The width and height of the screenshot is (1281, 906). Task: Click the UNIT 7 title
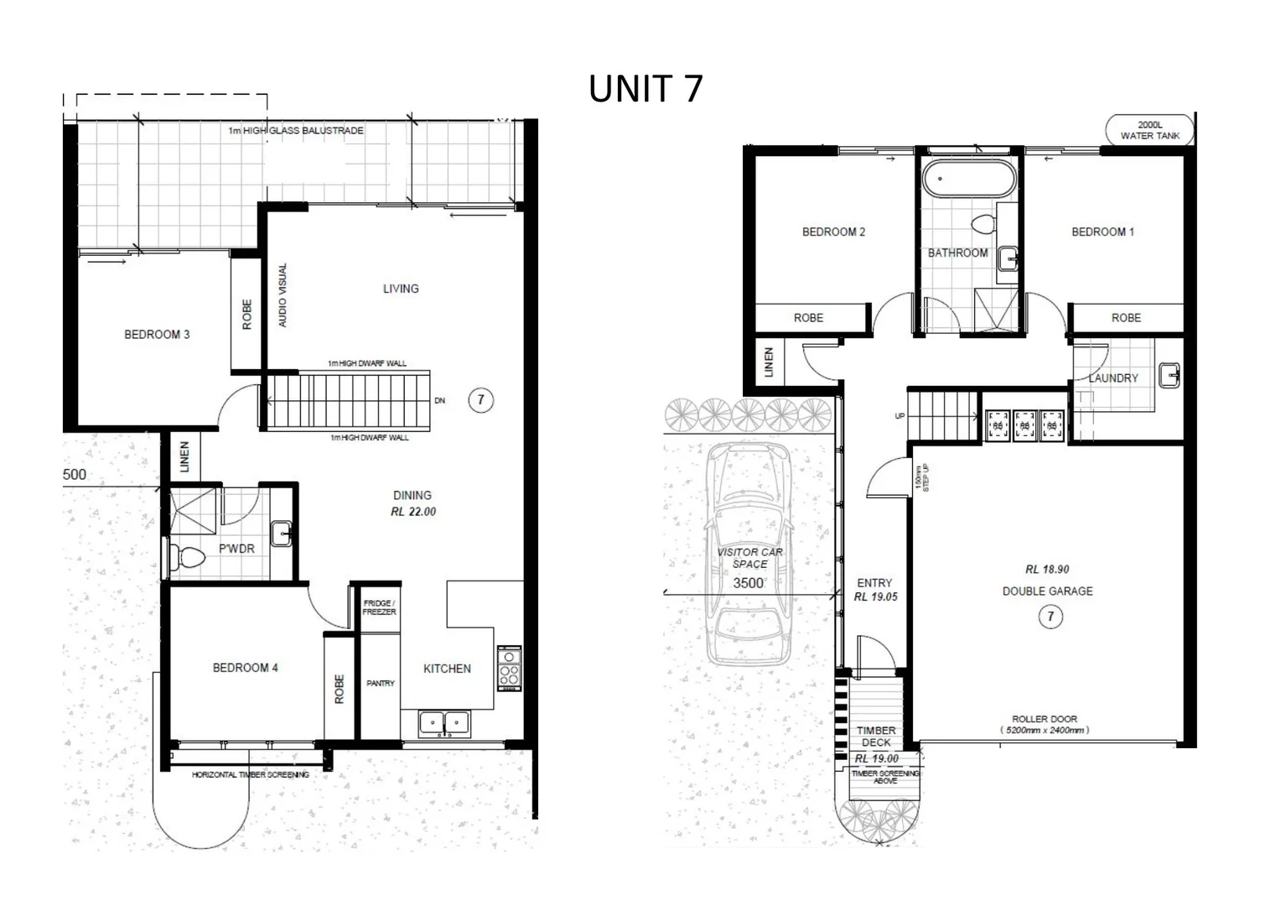tap(645, 89)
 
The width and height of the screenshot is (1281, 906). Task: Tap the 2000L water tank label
tap(1149, 130)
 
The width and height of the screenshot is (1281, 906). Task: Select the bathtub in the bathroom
tap(968, 179)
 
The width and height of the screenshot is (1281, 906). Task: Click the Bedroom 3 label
tap(157, 335)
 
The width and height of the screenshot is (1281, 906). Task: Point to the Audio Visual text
tap(283, 295)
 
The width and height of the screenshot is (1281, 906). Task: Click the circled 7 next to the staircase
tap(480, 399)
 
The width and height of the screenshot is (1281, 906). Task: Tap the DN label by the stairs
tap(440, 401)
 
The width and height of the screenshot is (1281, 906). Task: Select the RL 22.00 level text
tap(413, 512)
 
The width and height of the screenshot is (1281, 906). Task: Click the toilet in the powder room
tap(188, 557)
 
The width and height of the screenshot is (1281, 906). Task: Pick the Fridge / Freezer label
tap(379, 607)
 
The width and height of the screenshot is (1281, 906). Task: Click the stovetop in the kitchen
tap(509, 668)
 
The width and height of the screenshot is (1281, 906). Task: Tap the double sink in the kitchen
tap(444, 722)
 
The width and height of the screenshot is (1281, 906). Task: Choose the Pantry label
tap(380, 684)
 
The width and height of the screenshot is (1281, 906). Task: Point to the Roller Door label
tap(1044, 719)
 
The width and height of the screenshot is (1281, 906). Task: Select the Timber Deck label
tap(876, 737)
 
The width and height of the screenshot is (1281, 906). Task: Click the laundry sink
tap(1169, 375)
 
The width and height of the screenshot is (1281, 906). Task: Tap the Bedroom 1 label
tap(1102, 232)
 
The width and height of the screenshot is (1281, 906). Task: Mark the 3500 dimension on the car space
tap(749, 583)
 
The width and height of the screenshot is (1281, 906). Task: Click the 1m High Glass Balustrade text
tap(296, 131)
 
